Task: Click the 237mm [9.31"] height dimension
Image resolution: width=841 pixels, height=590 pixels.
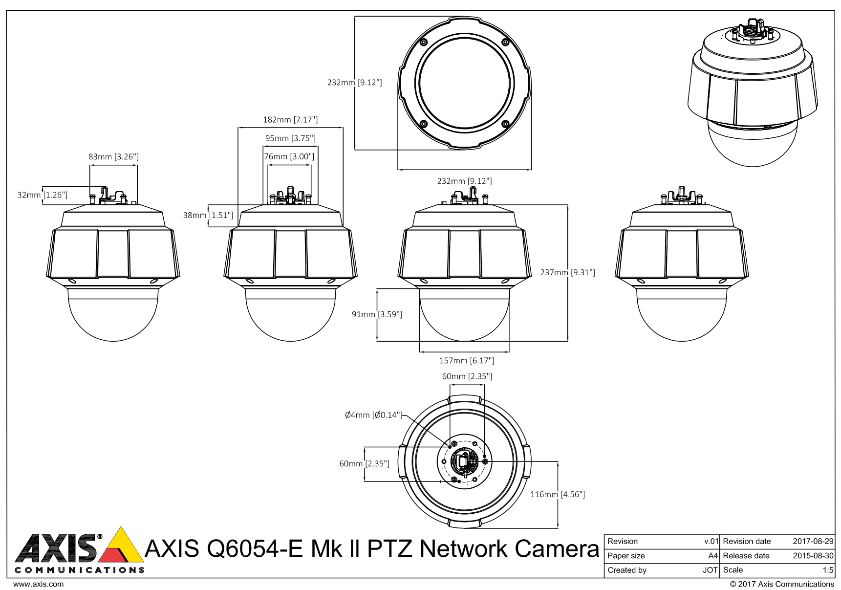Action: click(x=567, y=272)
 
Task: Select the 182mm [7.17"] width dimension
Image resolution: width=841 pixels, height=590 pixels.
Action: click(x=290, y=120)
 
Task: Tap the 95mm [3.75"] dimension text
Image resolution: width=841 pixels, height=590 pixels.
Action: click(x=290, y=138)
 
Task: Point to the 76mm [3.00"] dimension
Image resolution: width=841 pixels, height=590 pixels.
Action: click(x=289, y=157)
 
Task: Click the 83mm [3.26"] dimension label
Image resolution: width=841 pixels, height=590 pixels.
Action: click(x=113, y=157)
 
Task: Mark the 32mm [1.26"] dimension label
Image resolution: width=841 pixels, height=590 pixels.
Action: click(x=42, y=195)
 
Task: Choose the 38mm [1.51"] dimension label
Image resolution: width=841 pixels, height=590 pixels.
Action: click(x=208, y=215)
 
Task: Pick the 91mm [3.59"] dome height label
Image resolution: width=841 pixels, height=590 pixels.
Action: click(x=377, y=314)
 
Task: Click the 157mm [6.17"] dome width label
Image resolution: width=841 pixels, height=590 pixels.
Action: click(x=467, y=361)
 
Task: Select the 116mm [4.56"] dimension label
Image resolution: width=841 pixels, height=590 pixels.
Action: click(x=558, y=494)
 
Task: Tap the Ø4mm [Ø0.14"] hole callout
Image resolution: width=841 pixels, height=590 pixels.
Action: click(x=373, y=415)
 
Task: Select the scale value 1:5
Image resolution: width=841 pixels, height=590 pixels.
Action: click(x=828, y=570)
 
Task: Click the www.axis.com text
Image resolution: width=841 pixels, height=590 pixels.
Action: click(x=38, y=584)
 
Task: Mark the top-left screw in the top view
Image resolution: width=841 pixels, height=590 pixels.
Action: click(x=424, y=42)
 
